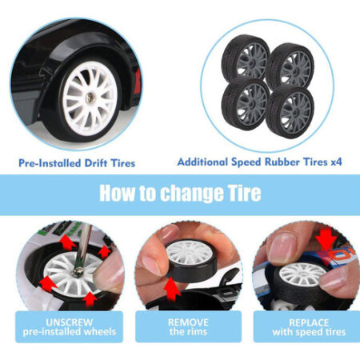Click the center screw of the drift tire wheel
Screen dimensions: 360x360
click(x=90, y=98)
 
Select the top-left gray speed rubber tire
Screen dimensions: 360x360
click(x=246, y=58)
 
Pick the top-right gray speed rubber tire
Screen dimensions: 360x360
click(x=290, y=66)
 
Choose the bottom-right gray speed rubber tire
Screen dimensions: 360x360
click(x=290, y=112)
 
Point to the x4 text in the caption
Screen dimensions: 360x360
click(x=336, y=162)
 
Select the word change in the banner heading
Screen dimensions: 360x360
click(x=192, y=194)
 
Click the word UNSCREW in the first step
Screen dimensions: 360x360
click(x=70, y=322)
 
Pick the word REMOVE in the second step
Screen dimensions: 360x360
click(x=188, y=322)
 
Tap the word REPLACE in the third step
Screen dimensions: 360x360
click(x=309, y=322)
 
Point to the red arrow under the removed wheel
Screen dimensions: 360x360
click(x=172, y=288)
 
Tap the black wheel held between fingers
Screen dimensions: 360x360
click(x=191, y=262)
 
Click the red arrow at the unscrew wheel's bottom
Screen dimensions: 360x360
click(x=90, y=300)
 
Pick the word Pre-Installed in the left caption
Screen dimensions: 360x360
click(x=50, y=163)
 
